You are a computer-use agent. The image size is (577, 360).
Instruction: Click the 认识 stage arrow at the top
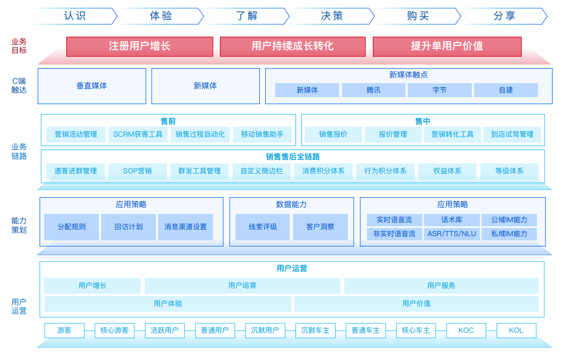point(75,16)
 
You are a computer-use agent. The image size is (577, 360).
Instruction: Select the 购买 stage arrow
point(418,16)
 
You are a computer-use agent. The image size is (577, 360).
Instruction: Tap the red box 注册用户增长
point(140,47)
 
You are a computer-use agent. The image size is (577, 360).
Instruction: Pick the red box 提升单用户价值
point(447,47)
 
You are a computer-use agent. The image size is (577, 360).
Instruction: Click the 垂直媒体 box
point(92,86)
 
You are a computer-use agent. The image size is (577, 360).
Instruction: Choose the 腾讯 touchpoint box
point(373,90)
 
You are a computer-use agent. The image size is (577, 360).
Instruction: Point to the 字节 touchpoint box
point(440,90)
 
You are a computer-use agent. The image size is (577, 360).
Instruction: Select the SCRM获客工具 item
point(138,135)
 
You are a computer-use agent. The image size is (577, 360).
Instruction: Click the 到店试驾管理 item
point(512,135)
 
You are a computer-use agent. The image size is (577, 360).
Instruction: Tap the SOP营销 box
point(137,171)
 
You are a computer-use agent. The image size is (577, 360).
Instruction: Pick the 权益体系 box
point(447,171)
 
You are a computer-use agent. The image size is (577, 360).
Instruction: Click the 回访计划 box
point(129,227)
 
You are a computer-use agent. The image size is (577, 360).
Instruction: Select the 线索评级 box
point(263,227)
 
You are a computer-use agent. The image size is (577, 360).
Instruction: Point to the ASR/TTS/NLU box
point(452,234)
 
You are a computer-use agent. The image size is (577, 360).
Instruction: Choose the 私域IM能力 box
point(510,234)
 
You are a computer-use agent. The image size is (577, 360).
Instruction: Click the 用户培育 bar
point(243,286)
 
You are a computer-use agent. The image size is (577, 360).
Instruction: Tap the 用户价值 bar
point(416,304)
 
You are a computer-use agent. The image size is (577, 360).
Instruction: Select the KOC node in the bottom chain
point(466,330)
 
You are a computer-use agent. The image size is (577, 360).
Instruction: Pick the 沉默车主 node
point(315,330)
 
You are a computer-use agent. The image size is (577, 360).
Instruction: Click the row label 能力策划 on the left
point(19,225)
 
